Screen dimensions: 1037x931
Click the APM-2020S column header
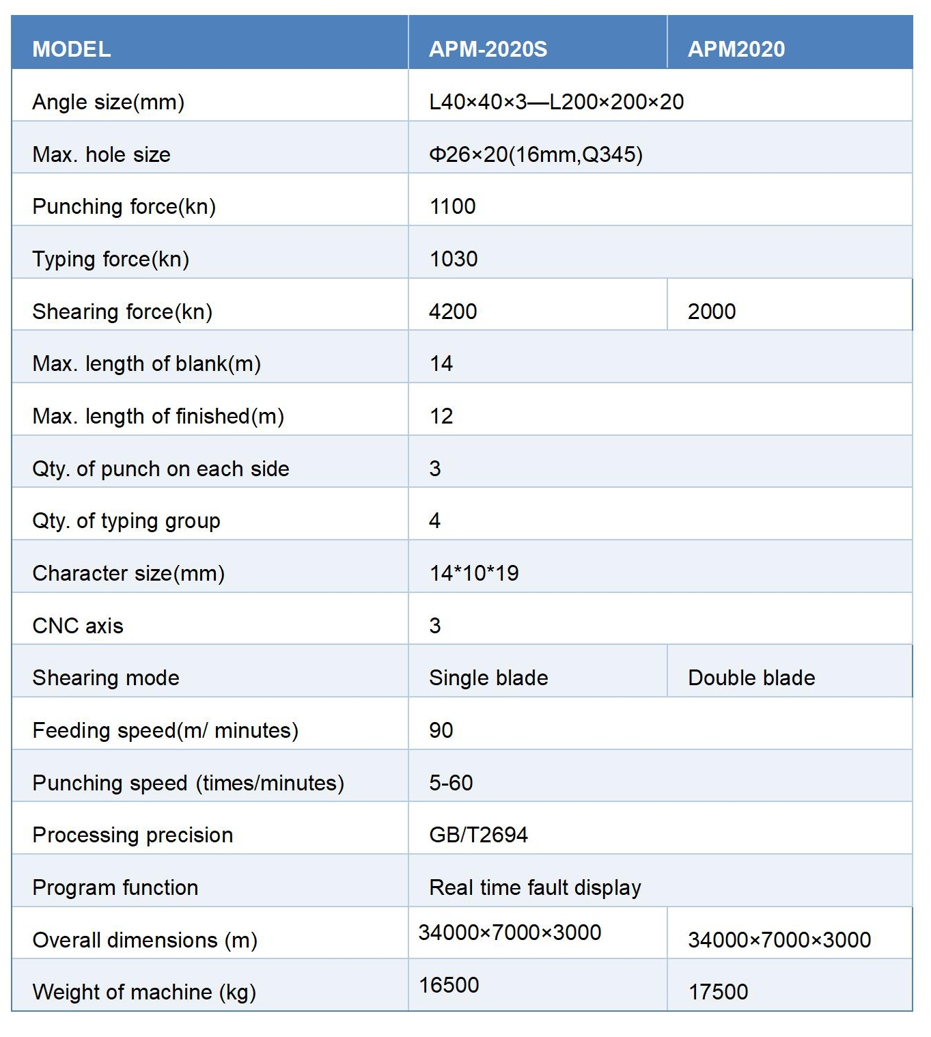488,49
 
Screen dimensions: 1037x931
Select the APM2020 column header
736,49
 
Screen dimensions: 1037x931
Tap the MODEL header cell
72,49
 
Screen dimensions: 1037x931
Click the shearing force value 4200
453,312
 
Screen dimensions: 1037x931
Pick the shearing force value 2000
712,312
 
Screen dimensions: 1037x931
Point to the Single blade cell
488,678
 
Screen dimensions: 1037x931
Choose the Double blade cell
751,678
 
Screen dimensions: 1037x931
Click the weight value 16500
449,985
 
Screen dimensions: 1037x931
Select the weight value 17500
718,992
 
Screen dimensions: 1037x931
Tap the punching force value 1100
452,206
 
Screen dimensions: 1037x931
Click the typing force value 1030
454,259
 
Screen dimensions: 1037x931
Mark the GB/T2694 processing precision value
478,835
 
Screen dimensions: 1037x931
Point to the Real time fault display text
535,887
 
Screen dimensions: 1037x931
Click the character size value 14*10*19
474,573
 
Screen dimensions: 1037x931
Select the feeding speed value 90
441,730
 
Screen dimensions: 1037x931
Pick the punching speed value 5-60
451,783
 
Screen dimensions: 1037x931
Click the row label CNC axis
78,626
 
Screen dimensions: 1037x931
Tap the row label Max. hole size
101,154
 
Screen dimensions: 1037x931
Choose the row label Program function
115,887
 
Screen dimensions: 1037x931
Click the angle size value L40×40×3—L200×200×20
556,102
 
